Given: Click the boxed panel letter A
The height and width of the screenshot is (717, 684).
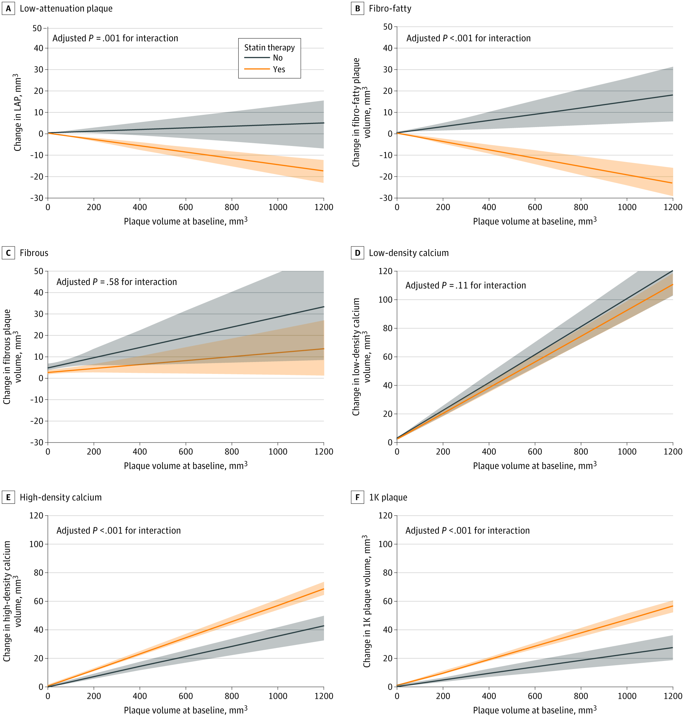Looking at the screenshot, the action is pyautogui.click(x=8, y=8).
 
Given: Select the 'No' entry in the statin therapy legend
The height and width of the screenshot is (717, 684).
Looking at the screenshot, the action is pyautogui.click(x=277, y=58).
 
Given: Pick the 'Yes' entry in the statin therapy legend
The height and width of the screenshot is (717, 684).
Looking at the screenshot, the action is pyautogui.click(x=279, y=69).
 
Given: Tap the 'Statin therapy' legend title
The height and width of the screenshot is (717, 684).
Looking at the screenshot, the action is pyautogui.click(x=269, y=47).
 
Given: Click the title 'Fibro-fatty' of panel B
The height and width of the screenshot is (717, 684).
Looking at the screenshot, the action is pyautogui.click(x=390, y=8).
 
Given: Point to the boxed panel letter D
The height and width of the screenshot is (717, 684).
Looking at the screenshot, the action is pyautogui.click(x=357, y=253).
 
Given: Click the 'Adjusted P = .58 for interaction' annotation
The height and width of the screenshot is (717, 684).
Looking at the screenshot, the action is pyautogui.click(x=117, y=282).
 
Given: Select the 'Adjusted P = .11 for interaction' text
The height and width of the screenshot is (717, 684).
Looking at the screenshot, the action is pyautogui.click(x=466, y=285).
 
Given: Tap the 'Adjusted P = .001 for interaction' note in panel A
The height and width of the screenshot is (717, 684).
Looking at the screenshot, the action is pyautogui.click(x=115, y=38).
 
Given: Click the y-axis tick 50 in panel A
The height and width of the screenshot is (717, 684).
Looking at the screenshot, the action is pyautogui.click(x=37, y=28).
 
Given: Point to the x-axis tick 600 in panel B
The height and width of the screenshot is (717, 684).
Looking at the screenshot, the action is pyautogui.click(x=535, y=207).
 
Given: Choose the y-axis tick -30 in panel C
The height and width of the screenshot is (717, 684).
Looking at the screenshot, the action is pyautogui.click(x=36, y=442).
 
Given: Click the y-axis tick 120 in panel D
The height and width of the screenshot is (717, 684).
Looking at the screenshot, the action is pyautogui.click(x=386, y=271).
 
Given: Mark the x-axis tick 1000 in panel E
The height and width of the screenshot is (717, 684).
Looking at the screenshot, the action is pyautogui.click(x=278, y=696).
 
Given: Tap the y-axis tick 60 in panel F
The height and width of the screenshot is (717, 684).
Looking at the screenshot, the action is pyautogui.click(x=388, y=601).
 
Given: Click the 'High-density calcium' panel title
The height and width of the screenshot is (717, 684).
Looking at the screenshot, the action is pyautogui.click(x=61, y=497).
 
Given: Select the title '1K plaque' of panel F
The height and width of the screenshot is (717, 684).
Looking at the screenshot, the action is pyautogui.click(x=388, y=497).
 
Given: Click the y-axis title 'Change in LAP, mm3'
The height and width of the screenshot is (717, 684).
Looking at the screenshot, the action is pyautogui.click(x=17, y=112).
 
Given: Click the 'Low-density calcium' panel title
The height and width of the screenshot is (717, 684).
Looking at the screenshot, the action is pyautogui.click(x=409, y=253).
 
